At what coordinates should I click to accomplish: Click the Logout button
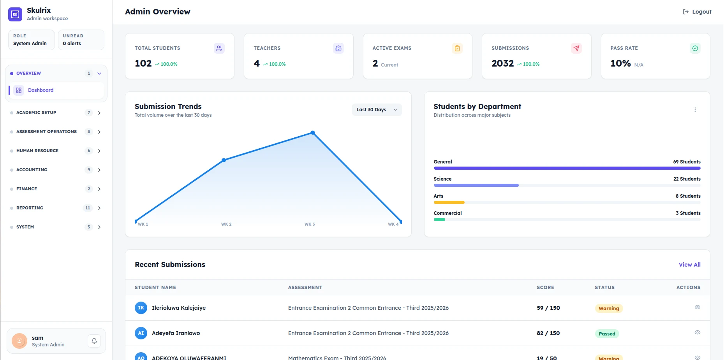[697, 12]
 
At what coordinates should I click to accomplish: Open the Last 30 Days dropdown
[377, 110]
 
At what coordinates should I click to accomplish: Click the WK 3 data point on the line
[313, 133]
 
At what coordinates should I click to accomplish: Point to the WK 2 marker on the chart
[224, 160]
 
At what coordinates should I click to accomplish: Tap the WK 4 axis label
[393, 224]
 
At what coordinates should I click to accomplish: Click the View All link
[689, 265]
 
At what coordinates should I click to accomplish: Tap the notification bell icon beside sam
[94, 341]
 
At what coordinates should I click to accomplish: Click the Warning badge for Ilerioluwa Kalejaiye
[609, 308]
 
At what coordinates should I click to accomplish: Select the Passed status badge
[607, 334]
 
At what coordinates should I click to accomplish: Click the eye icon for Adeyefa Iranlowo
[697, 332]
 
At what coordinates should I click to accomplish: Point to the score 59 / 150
[548, 308]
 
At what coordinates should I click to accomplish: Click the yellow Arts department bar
[449, 202]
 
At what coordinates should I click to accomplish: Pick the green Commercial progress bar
[439, 220]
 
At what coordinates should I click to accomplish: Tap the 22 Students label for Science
[687, 179]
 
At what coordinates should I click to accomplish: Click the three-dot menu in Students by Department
[695, 110]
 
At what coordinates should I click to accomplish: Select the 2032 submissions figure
[502, 63]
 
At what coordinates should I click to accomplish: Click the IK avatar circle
[141, 308]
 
